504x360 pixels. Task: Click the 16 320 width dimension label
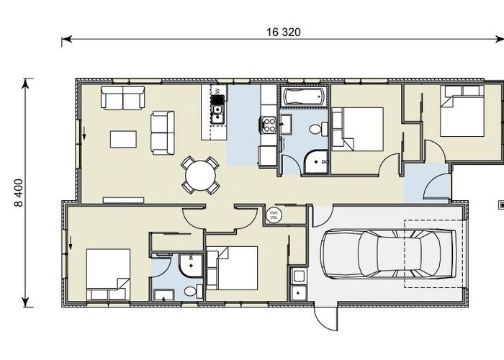[282, 32]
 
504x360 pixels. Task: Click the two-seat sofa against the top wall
[122, 97]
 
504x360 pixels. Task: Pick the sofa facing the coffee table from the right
[161, 132]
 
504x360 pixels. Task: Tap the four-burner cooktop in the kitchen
[269, 125]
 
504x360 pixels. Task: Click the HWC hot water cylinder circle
[274, 215]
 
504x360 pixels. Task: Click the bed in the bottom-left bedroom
[107, 274]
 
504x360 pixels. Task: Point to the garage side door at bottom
[325, 312]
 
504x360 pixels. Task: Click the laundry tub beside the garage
[298, 276]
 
